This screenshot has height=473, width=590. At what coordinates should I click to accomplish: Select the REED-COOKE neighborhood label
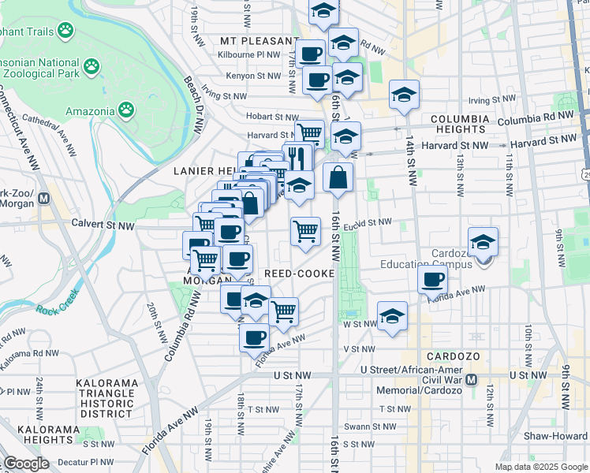299,273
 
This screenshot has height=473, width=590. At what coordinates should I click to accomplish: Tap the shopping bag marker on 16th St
338,178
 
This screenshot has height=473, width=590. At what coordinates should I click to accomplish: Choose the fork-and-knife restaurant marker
297,157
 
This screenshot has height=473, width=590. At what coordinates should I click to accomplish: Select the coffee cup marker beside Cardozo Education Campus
432,278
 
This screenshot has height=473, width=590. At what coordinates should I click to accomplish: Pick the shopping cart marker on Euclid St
305,232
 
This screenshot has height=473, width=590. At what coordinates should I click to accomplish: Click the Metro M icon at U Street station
472,379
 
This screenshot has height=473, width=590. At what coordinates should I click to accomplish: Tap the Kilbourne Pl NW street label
250,55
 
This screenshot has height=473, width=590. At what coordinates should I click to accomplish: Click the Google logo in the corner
26,464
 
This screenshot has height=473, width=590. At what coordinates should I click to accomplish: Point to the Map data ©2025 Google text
541,467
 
